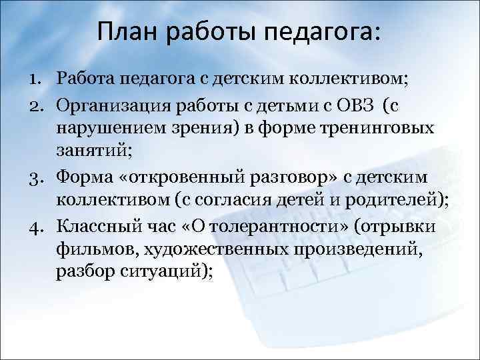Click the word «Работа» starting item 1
[87, 81]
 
